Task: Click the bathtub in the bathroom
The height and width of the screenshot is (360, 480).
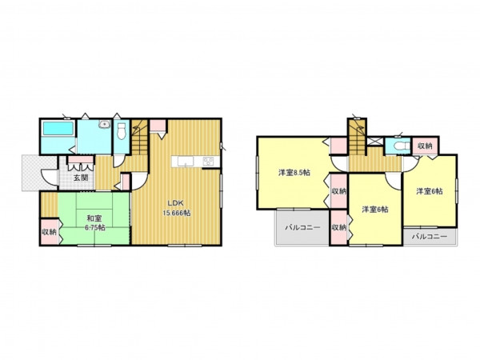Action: tap(58, 128)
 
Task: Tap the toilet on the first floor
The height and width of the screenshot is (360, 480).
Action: tap(122, 130)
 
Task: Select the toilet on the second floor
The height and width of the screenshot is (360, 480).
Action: tap(402, 146)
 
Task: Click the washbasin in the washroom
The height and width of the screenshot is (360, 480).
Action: tap(104, 124)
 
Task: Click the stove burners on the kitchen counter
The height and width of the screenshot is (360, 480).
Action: tap(208, 162)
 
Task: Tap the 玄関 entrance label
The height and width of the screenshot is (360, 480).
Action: tap(81, 178)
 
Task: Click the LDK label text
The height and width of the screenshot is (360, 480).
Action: tap(175, 203)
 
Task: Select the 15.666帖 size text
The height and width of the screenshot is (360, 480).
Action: tap(176, 214)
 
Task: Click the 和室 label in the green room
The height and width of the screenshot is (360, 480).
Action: tap(94, 218)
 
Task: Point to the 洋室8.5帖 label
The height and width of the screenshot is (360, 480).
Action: tap(294, 173)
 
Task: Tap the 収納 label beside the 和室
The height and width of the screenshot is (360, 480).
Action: tap(49, 232)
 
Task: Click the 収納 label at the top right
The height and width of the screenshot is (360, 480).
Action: tap(425, 146)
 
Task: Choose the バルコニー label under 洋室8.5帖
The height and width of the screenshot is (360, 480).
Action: tap(302, 227)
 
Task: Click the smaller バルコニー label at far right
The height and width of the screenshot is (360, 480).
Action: tap(429, 237)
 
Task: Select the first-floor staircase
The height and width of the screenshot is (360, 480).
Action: tap(140, 137)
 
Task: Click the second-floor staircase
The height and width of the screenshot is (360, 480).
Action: tap(358, 137)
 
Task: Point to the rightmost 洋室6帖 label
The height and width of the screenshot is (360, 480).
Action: tap(429, 191)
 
